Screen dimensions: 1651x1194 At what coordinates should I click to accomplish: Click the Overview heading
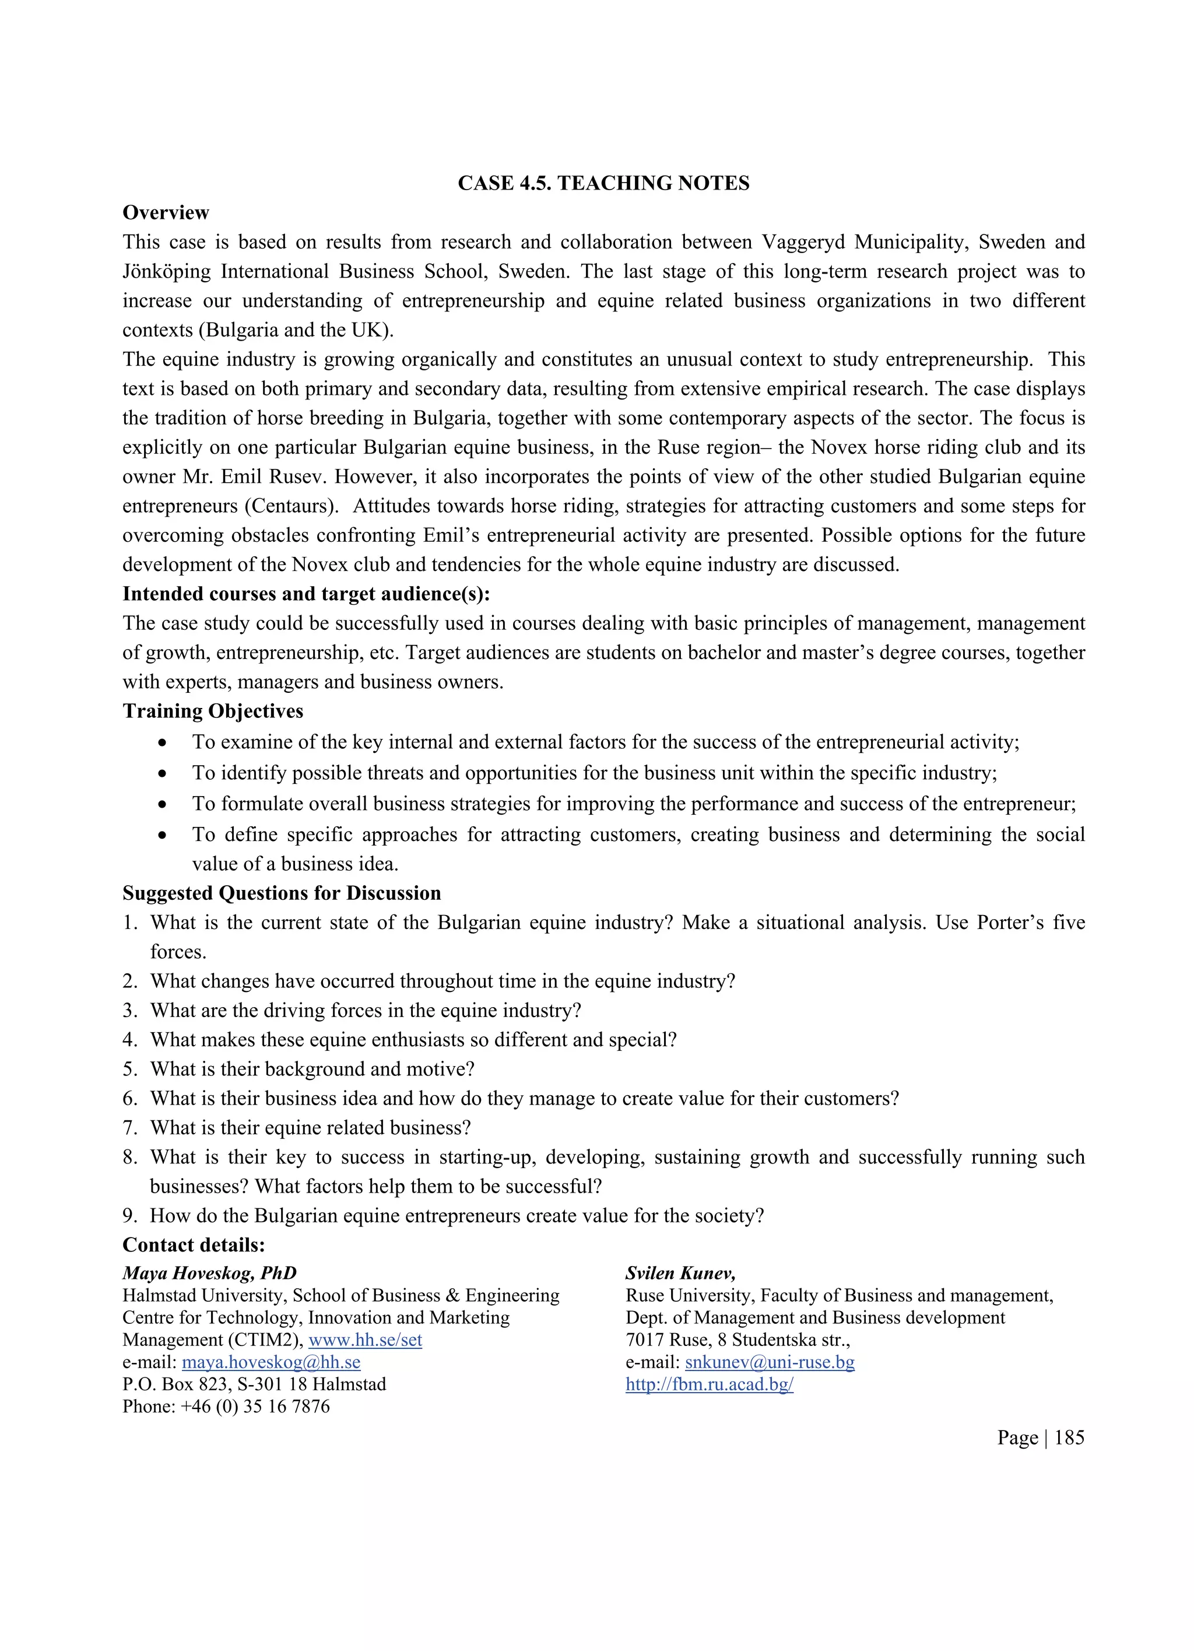pyautogui.click(x=166, y=212)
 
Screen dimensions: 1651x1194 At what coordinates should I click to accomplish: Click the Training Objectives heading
pyautogui.click(x=212, y=711)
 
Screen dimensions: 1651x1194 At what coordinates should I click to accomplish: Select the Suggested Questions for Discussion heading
pyautogui.click(x=282, y=893)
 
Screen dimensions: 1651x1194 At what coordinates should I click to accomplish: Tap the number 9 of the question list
pyautogui.click(x=129, y=1216)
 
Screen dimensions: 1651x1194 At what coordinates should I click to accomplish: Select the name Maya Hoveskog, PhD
pyautogui.click(x=209, y=1273)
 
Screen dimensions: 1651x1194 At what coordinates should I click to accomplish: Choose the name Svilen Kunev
pyautogui.click(x=680, y=1273)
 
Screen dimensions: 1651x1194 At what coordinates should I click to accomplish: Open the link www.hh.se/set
pyautogui.click(x=366, y=1340)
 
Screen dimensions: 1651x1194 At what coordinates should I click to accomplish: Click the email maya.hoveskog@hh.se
pyautogui.click(x=271, y=1362)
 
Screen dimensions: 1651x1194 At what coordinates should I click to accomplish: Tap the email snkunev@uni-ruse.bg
pyautogui.click(x=769, y=1362)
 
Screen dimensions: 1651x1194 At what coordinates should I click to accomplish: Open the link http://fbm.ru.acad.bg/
pyautogui.click(x=709, y=1384)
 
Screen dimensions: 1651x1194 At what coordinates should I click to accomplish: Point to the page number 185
pyautogui.click(x=1068, y=1438)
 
